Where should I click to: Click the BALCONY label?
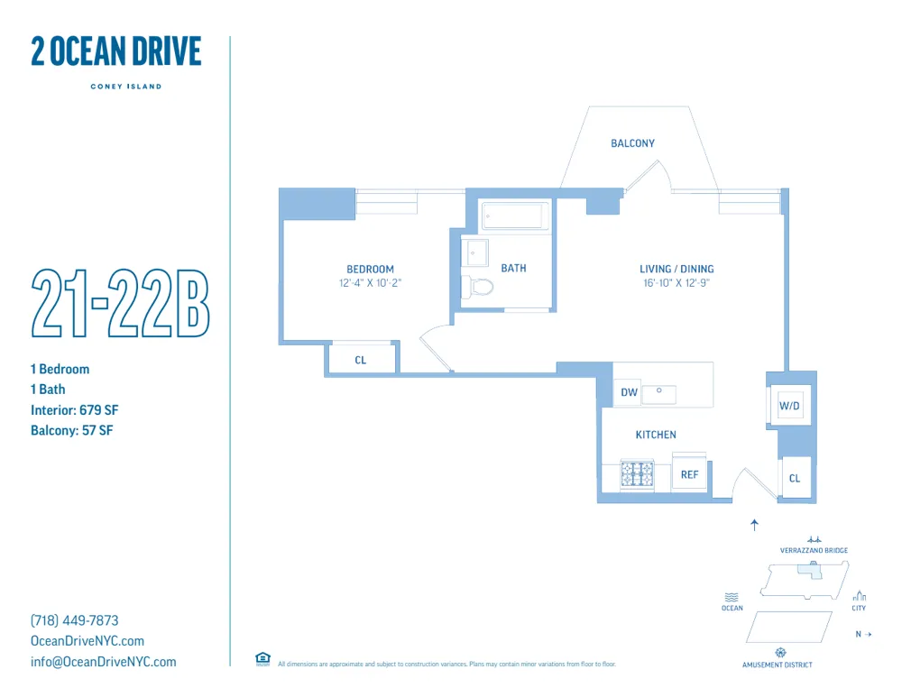click(632, 143)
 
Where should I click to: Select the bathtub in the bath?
click(515, 216)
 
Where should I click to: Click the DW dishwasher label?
click(629, 392)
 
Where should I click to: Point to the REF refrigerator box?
click(690, 474)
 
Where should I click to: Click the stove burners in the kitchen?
click(637, 473)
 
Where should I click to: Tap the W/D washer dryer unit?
click(790, 406)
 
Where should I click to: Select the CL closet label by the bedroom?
click(361, 360)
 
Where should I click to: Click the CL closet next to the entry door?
click(795, 478)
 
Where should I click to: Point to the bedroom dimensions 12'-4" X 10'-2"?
click(370, 282)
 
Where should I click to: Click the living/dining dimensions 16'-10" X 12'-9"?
click(676, 282)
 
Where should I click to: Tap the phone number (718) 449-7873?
click(75, 620)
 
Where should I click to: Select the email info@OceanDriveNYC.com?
click(104, 662)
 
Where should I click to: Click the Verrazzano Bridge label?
click(814, 550)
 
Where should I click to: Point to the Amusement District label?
click(777, 665)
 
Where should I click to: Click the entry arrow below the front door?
click(755, 524)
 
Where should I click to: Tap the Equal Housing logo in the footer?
click(262, 659)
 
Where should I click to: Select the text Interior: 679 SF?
click(75, 410)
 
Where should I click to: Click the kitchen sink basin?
click(659, 393)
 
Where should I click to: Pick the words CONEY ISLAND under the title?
click(125, 87)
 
